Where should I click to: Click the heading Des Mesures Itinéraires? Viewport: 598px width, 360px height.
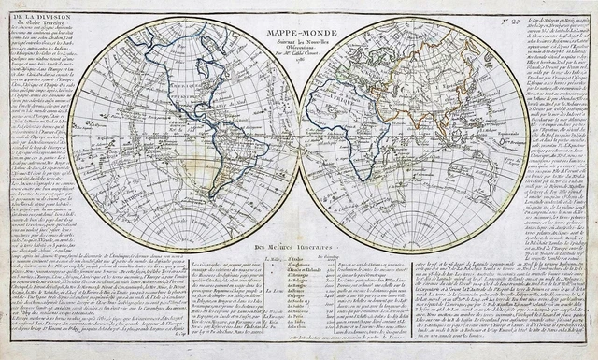tap(300, 246)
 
